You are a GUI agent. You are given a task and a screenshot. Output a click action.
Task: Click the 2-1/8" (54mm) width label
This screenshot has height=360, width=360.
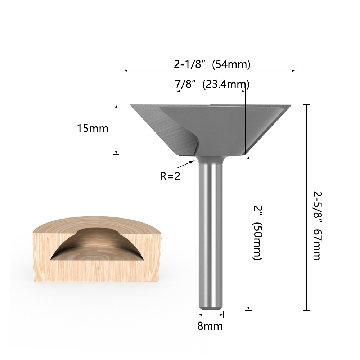[x=212, y=64]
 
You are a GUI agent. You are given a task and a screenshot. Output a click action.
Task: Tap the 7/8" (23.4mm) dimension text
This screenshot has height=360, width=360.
[x=212, y=84]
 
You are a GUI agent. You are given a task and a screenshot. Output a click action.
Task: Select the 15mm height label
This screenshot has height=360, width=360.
[x=93, y=129]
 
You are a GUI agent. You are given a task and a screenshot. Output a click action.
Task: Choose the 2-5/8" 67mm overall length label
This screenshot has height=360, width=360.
[x=316, y=225]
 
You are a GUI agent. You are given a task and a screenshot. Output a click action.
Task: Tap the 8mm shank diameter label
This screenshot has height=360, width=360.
[x=210, y=326]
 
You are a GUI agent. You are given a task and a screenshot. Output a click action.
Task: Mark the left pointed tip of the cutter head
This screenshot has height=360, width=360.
[x=131, y=105]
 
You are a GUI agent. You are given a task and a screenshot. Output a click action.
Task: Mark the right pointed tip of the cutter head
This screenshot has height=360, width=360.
[x=291, y=105]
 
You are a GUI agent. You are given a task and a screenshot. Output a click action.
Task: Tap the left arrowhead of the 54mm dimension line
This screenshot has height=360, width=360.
[x=125, y=71]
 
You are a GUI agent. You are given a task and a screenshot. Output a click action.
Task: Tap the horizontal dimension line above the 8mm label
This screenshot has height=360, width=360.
[x=211, y=314]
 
